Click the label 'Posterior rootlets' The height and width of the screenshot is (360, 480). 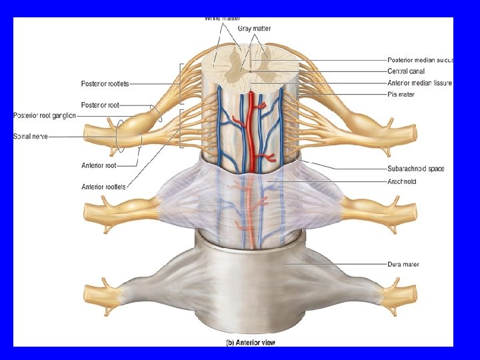pos(105,83)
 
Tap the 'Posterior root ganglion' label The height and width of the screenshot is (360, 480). pos(45,115)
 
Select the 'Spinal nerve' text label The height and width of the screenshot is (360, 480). pos(31,137)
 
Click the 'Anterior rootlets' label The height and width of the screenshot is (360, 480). pos(103,186)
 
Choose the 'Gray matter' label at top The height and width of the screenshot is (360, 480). pos(255,29)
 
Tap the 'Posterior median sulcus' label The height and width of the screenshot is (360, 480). pos(419,60)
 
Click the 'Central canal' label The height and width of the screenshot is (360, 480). pos(406,71)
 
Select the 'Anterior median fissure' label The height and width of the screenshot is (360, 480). pos(419,83)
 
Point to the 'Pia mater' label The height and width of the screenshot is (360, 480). pos(401,95)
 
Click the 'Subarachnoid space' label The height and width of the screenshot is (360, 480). pos(415,169)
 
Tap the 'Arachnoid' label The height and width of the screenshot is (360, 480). pos(402,181)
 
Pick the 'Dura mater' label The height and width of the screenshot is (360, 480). pos(403,265)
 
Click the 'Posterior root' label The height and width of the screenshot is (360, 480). pos(99,105)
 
